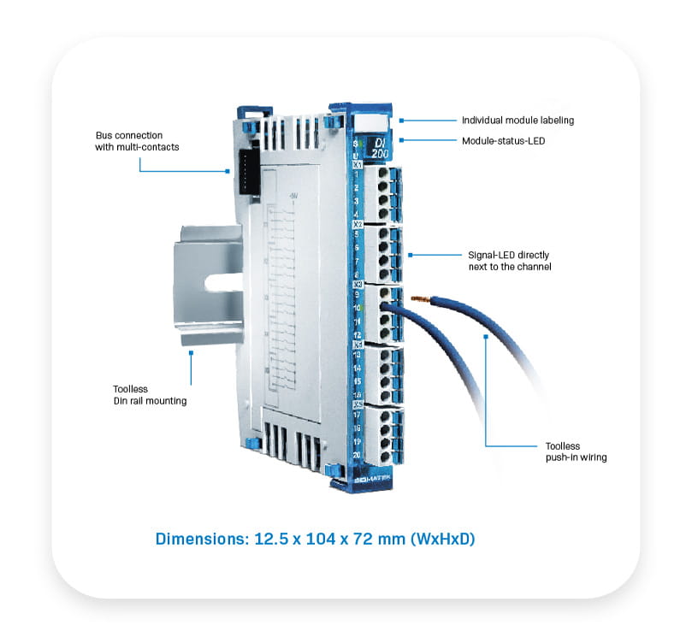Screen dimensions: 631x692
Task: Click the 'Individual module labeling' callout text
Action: click(x=518, y=121)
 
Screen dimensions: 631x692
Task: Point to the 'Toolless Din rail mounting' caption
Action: click(x=145, y=394)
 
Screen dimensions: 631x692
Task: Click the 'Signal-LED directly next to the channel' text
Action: click(x=509, y=261)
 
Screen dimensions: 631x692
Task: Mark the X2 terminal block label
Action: click(x=357, y=223)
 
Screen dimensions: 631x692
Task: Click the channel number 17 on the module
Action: click(x=356, y=415)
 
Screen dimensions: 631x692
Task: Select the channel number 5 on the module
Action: click(x=356, y=234)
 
